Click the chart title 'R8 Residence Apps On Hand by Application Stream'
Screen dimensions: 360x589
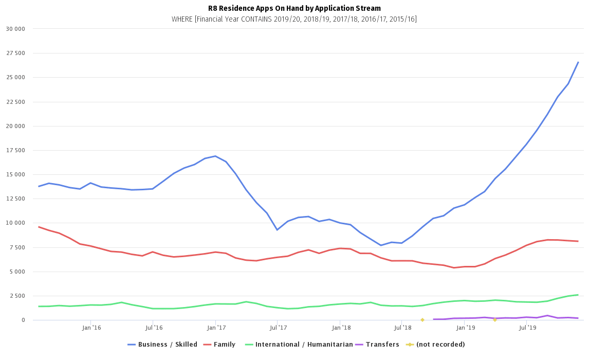294,8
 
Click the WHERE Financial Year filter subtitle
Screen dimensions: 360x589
294,19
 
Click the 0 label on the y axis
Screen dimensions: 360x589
22,320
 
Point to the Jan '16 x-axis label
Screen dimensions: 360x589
90,327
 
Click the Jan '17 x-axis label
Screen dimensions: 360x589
215,327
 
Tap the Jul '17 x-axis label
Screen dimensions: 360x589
277,327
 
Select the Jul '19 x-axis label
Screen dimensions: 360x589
526,327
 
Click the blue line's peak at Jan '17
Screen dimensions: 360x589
215,156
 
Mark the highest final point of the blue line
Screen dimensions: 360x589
578,62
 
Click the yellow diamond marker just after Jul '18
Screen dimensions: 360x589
422,320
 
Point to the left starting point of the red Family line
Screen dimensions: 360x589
39,227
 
